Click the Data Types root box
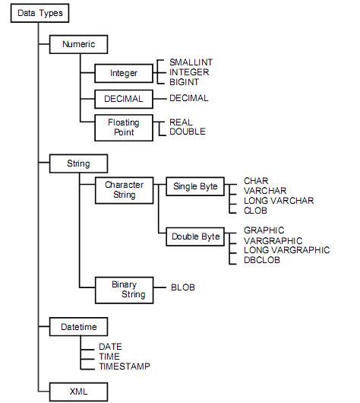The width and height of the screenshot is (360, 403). coord(39,13)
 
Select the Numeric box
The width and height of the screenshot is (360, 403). coord(78,44)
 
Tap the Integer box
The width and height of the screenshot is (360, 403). coord(124,73)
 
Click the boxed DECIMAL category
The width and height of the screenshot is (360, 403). coord(124,99)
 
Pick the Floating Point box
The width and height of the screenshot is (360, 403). coord(124,128)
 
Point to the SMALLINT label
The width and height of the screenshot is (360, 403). coord(191,62)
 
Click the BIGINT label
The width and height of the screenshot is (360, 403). coord(184,82)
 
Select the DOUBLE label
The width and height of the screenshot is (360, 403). coord(188,132)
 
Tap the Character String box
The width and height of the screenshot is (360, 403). coord(125,190)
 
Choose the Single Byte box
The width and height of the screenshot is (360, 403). coord(195,186)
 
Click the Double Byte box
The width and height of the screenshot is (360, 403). coord(195,236)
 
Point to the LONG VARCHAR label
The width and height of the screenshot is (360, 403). coord(279,201)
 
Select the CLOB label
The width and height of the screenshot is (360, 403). coord(255,211)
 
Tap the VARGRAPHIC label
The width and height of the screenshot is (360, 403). coord(273,241)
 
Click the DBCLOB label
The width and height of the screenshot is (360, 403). coord(262,260)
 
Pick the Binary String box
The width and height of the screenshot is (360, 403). coord(125,290)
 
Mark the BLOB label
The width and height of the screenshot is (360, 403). coord(183,287)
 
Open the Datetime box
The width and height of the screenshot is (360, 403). coord(78,327)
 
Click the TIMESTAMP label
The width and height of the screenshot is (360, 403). coord(125,367)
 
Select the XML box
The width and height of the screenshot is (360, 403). coord(78,392)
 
